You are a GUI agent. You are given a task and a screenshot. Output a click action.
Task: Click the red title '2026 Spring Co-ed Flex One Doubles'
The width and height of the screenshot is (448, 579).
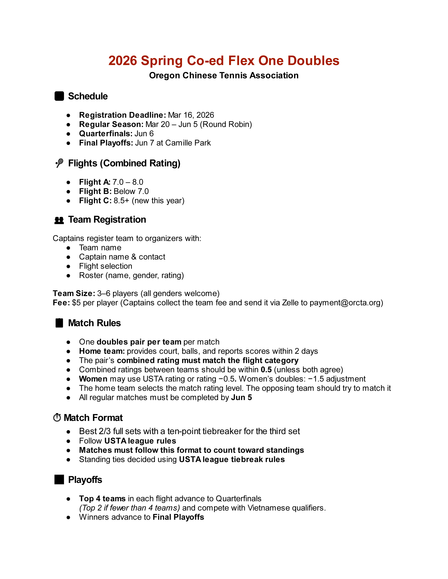click(x=224, y=61)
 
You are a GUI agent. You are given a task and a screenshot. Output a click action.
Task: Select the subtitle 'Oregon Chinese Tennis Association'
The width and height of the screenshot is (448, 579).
click(x=224, y=76)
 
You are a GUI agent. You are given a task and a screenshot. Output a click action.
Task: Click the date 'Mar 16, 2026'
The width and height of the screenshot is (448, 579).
click(x=191, y=115)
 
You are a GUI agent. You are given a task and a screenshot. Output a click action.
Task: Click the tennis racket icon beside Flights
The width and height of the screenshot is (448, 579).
click(x=59, y=163)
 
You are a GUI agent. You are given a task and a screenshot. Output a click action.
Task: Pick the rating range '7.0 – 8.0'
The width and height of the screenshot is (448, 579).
click(x=128, y=182)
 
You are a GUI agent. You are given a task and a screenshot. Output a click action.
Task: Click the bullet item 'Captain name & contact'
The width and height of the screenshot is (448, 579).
click(x=122, y=257)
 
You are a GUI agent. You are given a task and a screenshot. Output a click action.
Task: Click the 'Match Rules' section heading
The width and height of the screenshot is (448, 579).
click(x=94, y=323)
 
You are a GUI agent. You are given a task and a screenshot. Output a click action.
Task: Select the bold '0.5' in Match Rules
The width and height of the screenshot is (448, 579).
click(x=266, y=370)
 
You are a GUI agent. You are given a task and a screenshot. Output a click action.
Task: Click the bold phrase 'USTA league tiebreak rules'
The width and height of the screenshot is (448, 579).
click(x=232, y=459)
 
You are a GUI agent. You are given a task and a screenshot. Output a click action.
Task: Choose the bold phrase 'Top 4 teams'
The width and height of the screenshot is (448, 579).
click(x=102, y=499)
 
